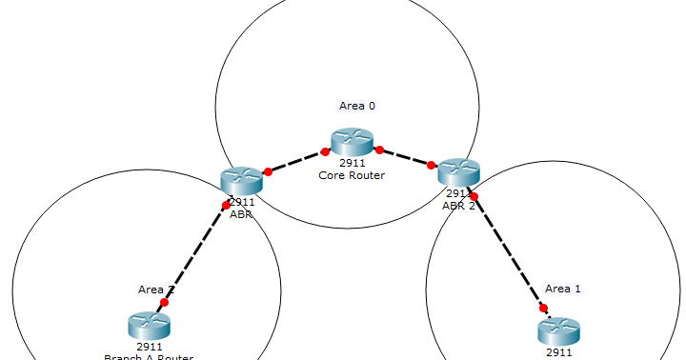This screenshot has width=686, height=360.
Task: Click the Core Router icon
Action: pos(352,143)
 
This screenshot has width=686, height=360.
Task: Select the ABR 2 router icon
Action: pos(458,172)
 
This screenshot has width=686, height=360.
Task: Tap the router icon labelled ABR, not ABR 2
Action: pos(240,180)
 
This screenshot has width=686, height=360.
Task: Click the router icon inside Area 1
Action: pos(558,330)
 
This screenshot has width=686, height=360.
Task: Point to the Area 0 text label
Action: pos(357,106)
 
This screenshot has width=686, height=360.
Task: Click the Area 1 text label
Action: pos(563,289)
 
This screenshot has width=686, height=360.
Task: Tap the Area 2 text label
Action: pos(155,289)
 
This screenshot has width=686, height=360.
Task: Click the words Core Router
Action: pos(352,174)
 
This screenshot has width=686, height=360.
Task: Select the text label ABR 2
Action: pos(458,205)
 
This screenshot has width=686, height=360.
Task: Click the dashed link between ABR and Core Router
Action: pos(296,161)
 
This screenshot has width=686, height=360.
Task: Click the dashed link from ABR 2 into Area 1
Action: pos(509,252)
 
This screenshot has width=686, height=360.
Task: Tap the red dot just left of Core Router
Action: pos(325,150)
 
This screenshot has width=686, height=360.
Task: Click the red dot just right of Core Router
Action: pos(379,150)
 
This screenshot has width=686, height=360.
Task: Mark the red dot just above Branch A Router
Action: pos(164,302)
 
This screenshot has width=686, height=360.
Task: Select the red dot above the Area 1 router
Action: pos(544,308)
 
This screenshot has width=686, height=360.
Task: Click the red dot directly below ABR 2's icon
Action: pos(474,197)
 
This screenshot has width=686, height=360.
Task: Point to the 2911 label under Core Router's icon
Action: pos(352,164)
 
